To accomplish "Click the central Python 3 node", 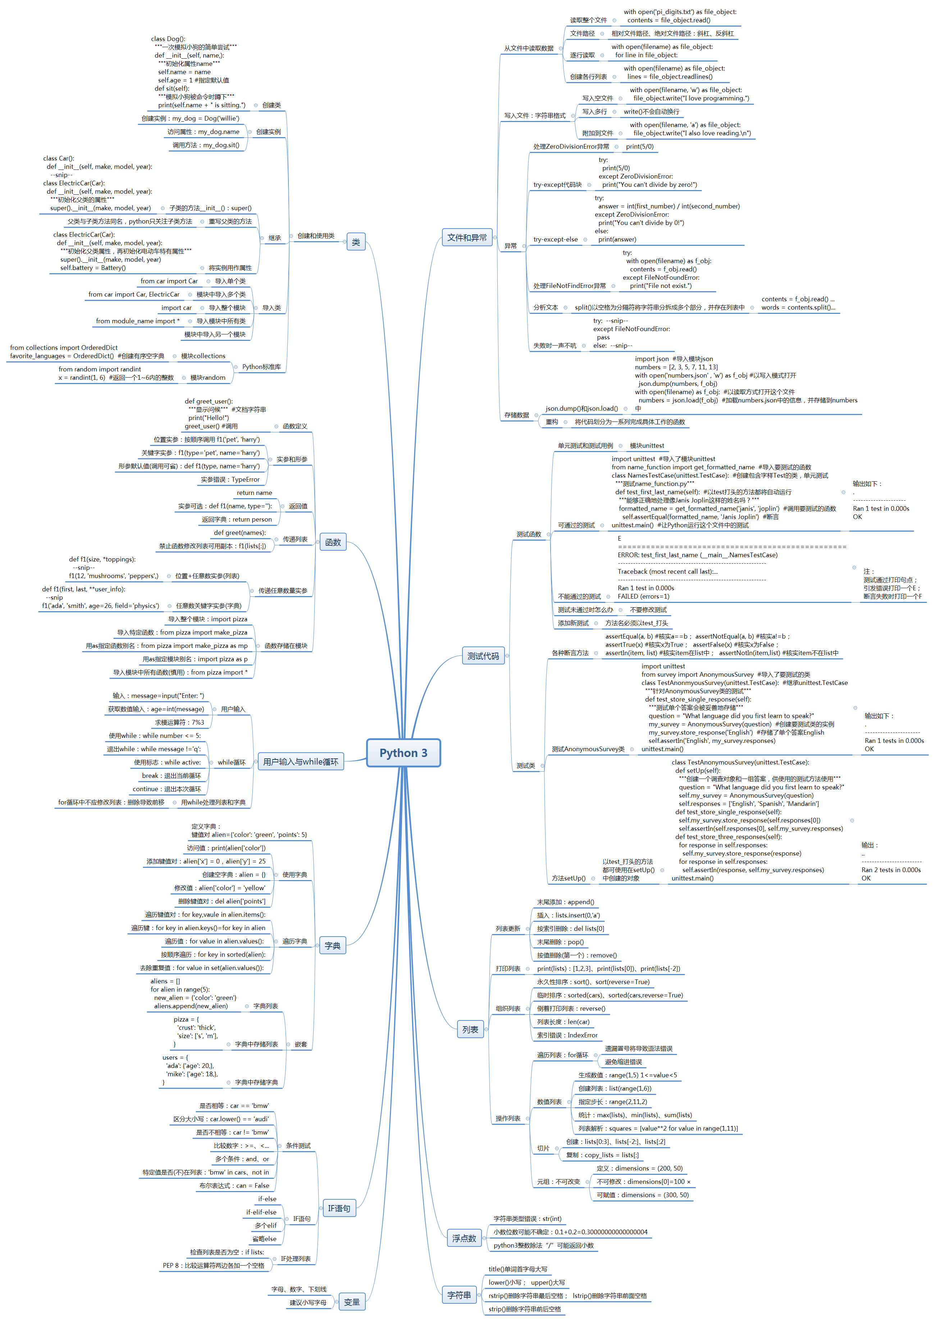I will pyautogui.click(x=403, y=753).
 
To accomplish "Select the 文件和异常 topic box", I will pyautogui.click(x=466, y=237).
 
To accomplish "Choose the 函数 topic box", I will pyautogui.click(x=333, y=542).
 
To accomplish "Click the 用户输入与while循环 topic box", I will pyautogui.click(x=301, y=762).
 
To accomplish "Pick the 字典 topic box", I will pyautogui.click(x=332, y=945).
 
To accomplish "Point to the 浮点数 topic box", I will pyautogui.click(x=464, y=1238).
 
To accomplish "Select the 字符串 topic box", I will pyautogui.click(x=459, y=1295).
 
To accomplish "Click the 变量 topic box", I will pyautogui.click(x=351, y=1302).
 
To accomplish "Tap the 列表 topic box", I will pyautogui.click(x=470, y=1029).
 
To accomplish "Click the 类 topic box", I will pyautogui.click(x=356, y=242).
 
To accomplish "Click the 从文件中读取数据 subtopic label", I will pyautogui.click(x=529, y=48).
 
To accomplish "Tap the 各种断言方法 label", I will pyautogui.click(x=570, y=653).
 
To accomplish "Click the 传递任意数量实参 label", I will pyautogui.click(x=282, y=591).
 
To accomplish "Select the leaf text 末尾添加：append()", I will pyautogui.click(x=565, y=902).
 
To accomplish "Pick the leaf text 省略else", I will pyautogui.click(x=264, y=1239).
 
